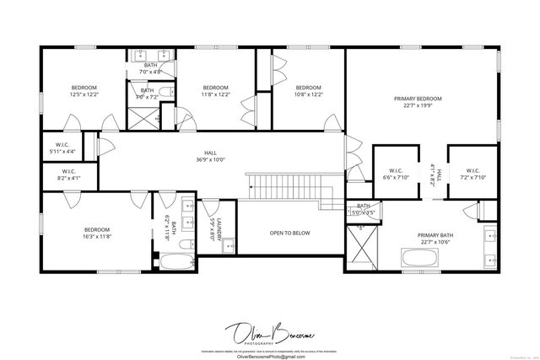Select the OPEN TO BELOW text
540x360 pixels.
289,233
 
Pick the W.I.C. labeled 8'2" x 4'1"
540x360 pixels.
68,175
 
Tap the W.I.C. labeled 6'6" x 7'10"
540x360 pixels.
395,174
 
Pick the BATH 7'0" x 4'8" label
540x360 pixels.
150,68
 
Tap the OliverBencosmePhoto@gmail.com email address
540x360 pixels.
269,355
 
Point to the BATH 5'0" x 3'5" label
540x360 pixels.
364,210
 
